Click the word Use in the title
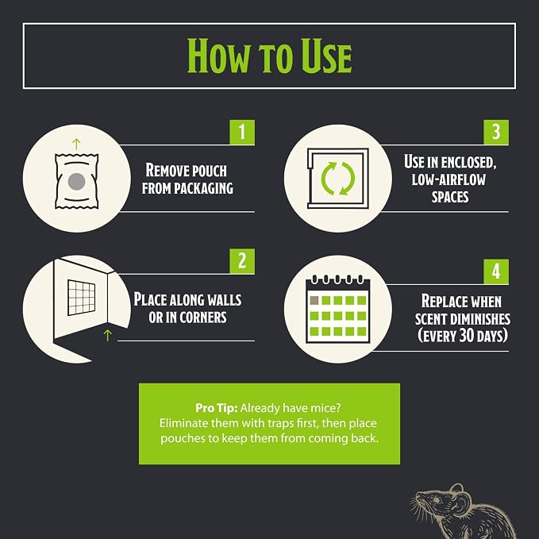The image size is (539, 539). [326, 56]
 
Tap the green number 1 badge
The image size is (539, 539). [242, 132]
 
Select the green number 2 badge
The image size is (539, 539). [242, 261]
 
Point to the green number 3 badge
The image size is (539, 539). [496, 132]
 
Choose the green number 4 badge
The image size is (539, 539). [496, 271]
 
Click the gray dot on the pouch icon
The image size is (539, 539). [76, 182]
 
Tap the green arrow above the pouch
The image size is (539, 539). [76, 144]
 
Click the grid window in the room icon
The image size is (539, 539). [82, 298]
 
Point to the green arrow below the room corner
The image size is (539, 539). [108, 335]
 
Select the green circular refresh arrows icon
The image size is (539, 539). [338, 179]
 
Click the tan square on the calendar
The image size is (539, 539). [314, 300]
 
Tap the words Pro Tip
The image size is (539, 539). [216, 408]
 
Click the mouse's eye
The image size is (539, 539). [436, 499]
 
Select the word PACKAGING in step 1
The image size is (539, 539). [203, 188]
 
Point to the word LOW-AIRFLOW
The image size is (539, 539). [449, 179]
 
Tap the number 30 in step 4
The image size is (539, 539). [465, 335]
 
